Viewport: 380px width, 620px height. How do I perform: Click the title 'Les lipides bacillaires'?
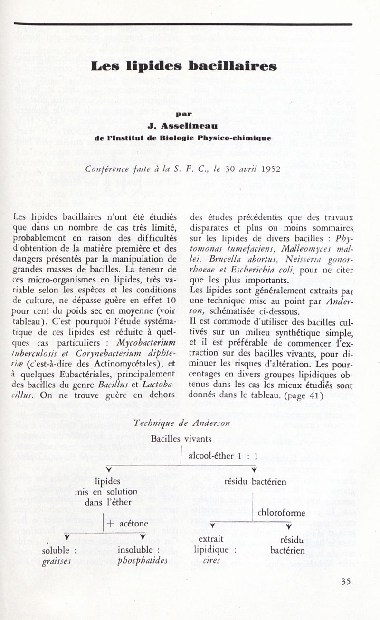tap(183, 66)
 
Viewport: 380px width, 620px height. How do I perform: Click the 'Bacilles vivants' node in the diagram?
tap(181, 439)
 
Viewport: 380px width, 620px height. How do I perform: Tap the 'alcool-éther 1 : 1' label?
tap(223, 456)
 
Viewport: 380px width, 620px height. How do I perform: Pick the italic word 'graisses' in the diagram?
tap(57, 561)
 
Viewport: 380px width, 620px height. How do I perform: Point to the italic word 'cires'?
tap(211, 561)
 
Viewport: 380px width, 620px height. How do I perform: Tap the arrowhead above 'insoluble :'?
tap(142, 537)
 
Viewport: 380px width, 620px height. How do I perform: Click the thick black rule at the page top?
tap(183, 23)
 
